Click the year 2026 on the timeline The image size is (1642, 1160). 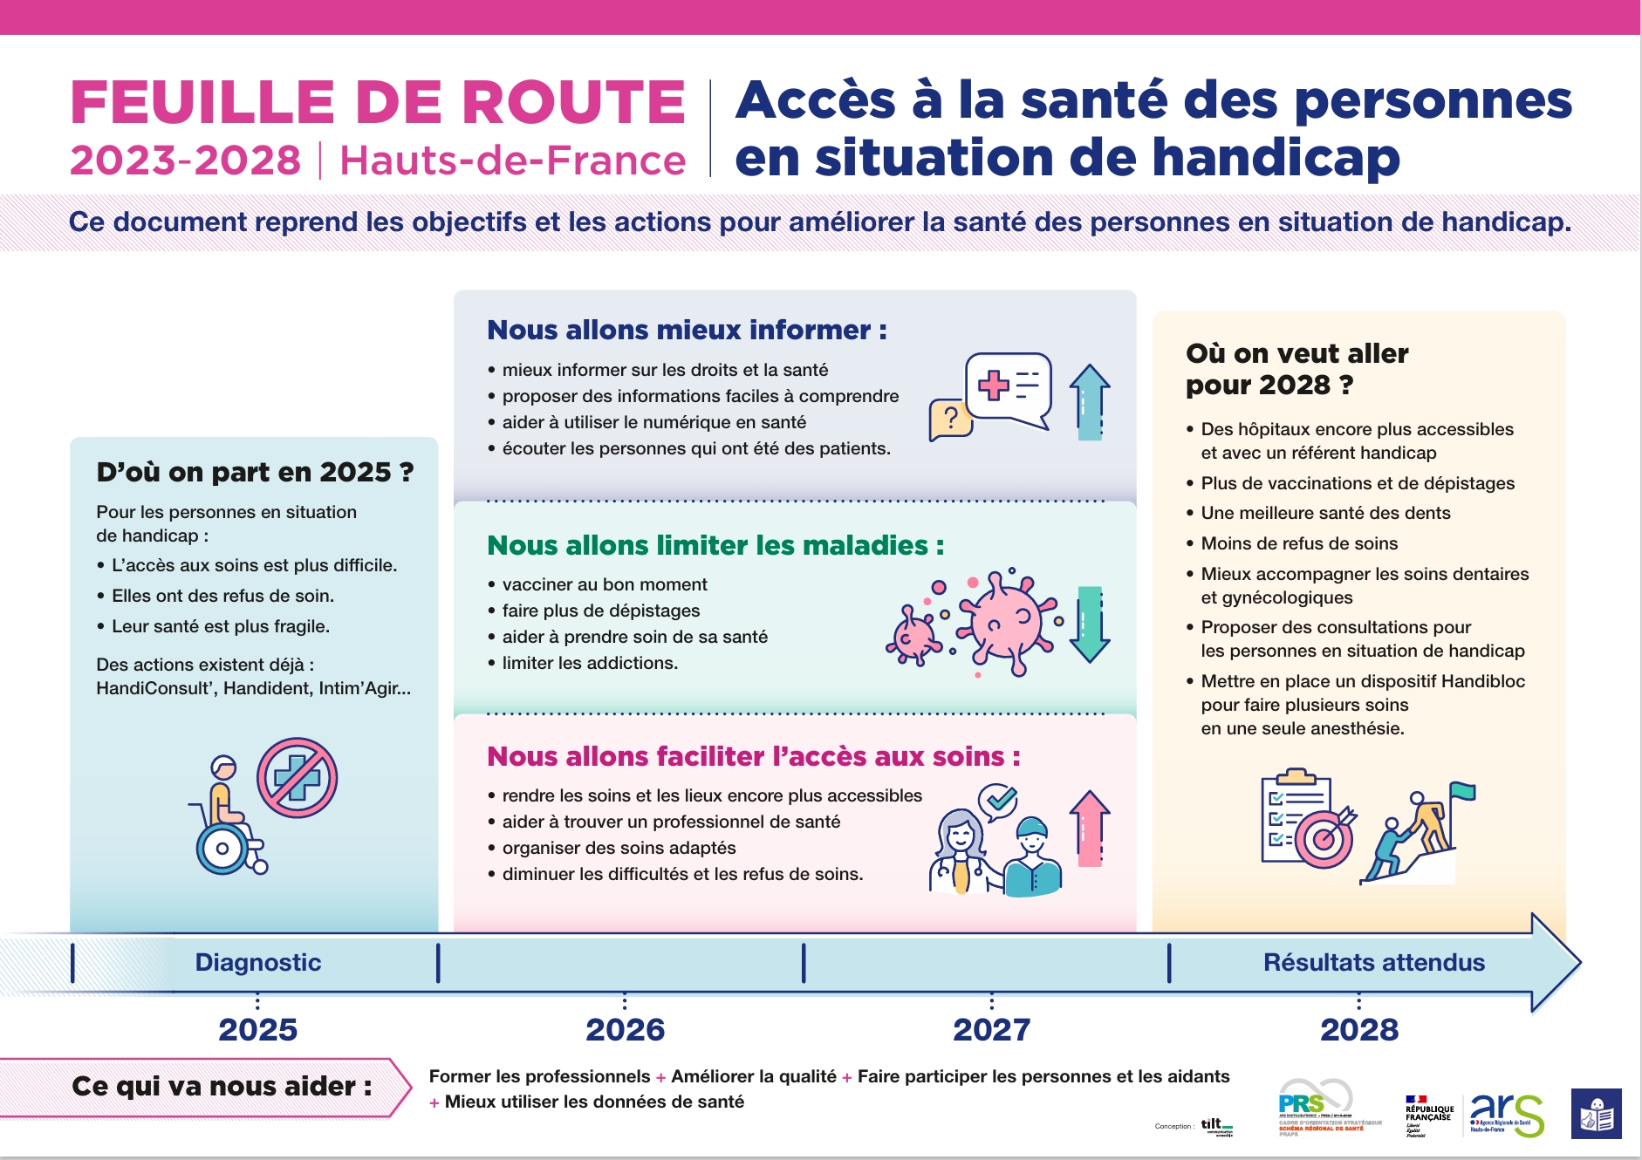pos(625,1029)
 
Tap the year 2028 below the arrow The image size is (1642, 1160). pos(1358,1029)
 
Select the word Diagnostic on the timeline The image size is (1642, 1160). pos(258,962)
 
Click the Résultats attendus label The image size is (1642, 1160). pos(1373,962)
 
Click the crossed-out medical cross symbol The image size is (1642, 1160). pos(297,777)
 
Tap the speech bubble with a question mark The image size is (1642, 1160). pos(950,420)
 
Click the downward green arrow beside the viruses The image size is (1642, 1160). pos(1090,624)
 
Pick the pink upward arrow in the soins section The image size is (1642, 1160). pos(1090,829)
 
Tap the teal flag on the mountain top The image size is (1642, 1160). pos(1462,792)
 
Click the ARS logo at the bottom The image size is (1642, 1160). pos(1506,1114)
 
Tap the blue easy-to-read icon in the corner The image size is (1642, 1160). pos(1596,1114)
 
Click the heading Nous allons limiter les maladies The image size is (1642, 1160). pos(715,545)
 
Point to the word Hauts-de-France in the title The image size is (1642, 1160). pos(512,160)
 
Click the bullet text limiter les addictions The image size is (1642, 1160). pos(590,663)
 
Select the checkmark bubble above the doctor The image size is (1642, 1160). pos(998,801)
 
